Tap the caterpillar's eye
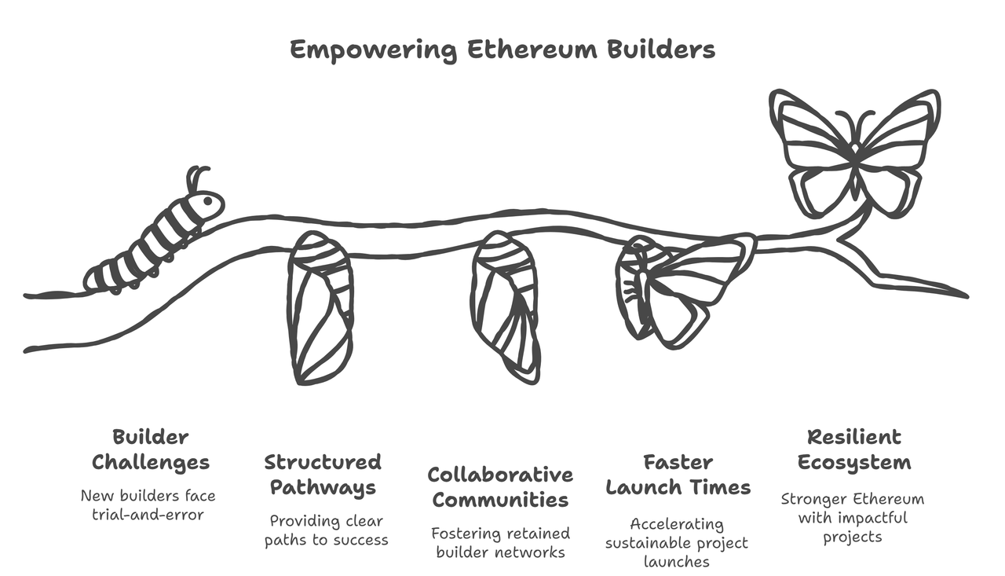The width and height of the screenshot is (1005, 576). click(208, 200)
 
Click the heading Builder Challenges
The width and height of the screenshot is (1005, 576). click(151, 449)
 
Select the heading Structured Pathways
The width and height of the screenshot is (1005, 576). click(323, 475)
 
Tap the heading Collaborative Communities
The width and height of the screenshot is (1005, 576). click(500, 487)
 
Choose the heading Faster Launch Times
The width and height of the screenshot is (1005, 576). click(678, 475)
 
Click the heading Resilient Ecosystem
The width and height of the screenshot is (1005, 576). click(854, 449)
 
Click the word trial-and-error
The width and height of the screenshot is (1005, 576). click(148, 515)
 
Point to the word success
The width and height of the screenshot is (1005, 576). click(357, 541)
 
